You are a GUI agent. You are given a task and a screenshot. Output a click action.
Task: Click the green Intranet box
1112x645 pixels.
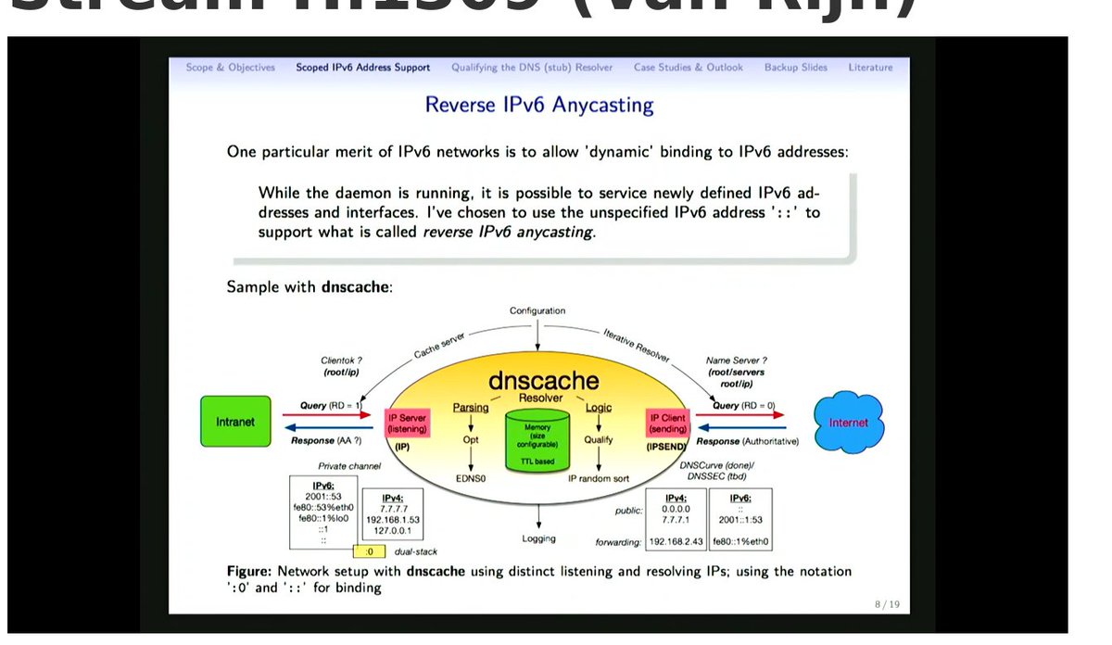point(235,422)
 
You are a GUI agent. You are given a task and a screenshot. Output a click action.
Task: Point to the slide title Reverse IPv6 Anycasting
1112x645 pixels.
point(538,105)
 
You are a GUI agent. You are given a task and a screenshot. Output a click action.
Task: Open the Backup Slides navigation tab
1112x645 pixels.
point(795,68)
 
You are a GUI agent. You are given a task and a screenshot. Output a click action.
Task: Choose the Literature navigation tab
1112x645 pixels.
point(870,68)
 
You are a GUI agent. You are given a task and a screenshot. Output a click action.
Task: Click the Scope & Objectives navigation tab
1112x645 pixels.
point(231,68)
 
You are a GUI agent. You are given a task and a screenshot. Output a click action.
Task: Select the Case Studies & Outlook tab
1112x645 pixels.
point(688,68)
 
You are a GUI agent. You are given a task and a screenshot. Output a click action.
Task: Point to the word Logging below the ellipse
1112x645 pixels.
point(538,538)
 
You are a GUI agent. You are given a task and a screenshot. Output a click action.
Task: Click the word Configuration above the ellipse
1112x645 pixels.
point(537,310)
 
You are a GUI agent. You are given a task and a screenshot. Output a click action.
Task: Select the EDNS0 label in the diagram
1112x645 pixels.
point(471,478)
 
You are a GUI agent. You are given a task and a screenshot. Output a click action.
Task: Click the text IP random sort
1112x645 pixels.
point(599,478)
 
